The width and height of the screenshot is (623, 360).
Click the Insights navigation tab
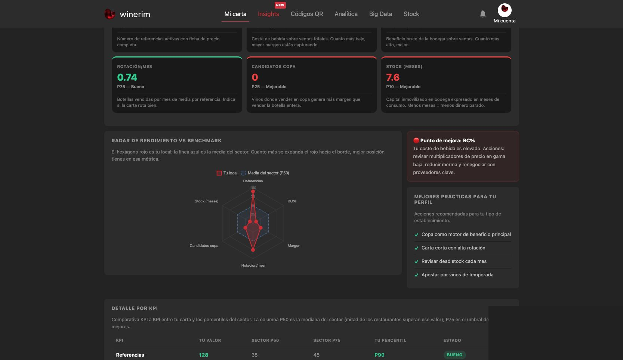pyautogui.click(x=268, y=14)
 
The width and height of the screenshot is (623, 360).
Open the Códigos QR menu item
pyautogui.click(x=307, y=14)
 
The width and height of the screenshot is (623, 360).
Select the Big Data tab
pyautogui.click(x=380, y=14)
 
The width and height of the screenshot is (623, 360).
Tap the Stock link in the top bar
pyautogui.click(x=411, y=14)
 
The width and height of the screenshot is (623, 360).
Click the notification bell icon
pyautogui.click(x=482, y=14)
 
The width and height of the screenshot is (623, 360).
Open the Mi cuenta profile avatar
pyautogui.click(x=504, y=10)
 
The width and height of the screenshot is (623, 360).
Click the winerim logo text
pyautogui.click(x=135, y=14)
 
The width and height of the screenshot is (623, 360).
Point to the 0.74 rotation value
pyautogui.click(x=127, y=77)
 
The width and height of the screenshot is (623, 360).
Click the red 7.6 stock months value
pyautogui.click(x=393, y=77)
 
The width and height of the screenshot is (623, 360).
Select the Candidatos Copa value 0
pyautogui.click(x=255, y=77)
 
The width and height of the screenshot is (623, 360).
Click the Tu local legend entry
pyautogui.click(x=227, y=173)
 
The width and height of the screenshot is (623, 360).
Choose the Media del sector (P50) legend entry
pyautogui.click(x=265, y=173)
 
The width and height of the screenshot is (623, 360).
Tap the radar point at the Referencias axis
pyautogui.click(x=253, y=192)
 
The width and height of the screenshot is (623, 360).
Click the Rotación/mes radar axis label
pyautogui.click(x=253, y=266)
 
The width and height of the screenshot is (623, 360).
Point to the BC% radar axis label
pyautogui.click(x=292, y=201)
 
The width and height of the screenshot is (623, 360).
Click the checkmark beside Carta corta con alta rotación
pyautogui.click(x=416, y=248)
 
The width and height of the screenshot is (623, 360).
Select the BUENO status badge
pyautogui.click(x=454, y=355)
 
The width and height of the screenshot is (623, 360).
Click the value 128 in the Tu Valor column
pyautogui.click(x=204, y=355)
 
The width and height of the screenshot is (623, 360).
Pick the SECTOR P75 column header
pyautogui.click(x=327, y=340)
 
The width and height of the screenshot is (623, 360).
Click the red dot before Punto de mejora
pyautogui.click(x=416, y=140)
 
